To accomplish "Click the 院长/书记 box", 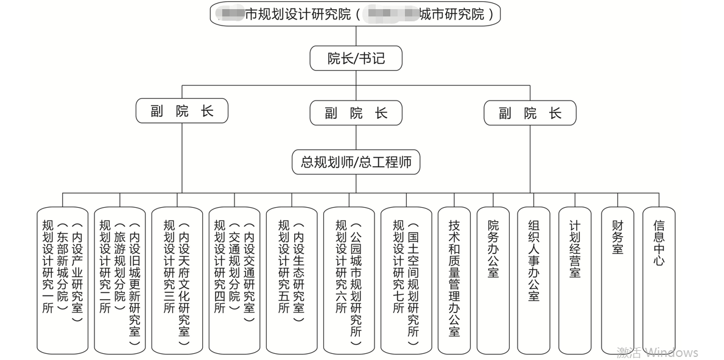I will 356,58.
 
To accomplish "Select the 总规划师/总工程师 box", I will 356,162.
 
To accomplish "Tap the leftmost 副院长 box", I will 182,111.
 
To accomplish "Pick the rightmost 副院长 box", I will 530,113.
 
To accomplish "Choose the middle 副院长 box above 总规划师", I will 356,113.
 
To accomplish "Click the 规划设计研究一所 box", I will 63,280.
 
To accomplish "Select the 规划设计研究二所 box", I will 120,280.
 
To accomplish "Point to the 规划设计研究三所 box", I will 177,280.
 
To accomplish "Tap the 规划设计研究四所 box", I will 234,280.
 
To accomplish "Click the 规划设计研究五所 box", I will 292,280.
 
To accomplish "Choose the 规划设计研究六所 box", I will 349,280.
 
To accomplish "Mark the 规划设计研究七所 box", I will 406,280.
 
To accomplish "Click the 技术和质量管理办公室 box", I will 454,280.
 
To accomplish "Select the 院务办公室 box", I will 493,280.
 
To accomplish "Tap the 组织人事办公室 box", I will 534,280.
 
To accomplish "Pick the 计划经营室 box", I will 575,280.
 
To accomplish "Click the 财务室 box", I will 617,280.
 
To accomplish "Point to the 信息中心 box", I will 659,280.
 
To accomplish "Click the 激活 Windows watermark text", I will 657,352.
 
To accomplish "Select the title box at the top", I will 356,13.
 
